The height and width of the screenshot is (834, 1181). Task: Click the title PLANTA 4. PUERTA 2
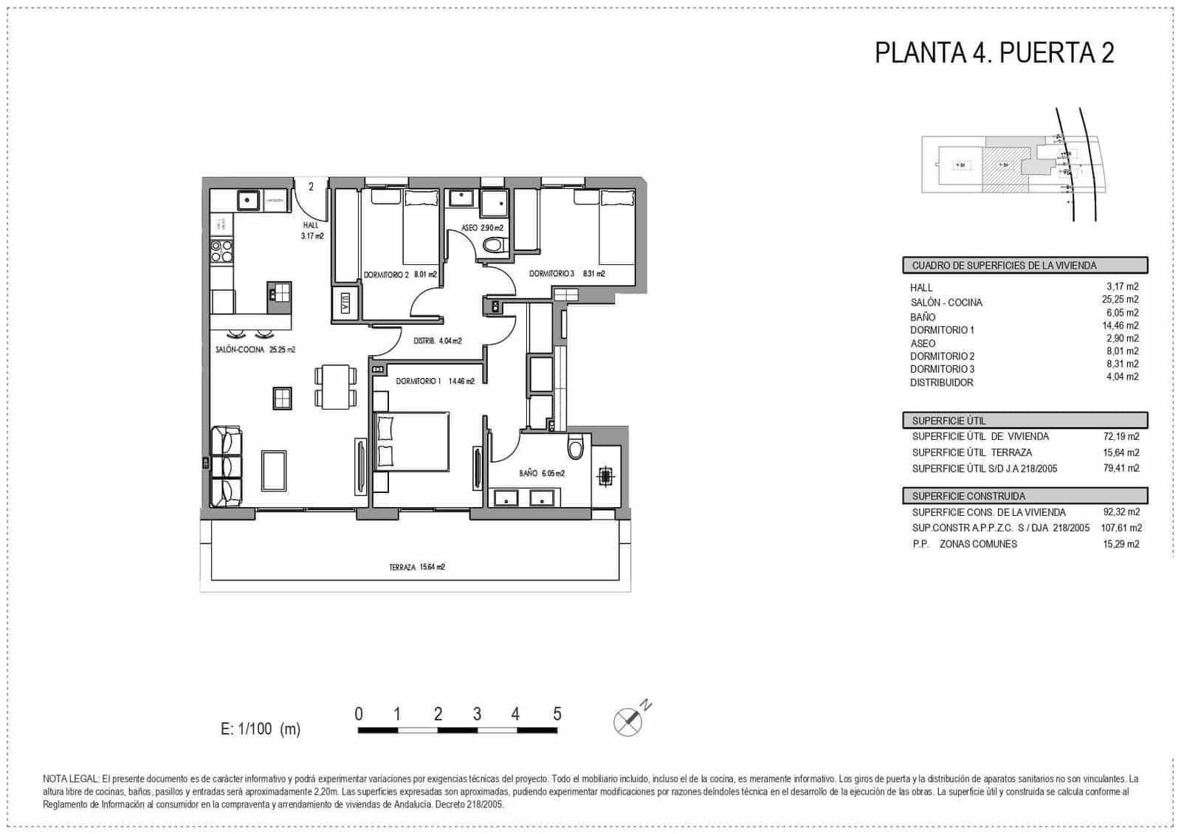tap(994, 53)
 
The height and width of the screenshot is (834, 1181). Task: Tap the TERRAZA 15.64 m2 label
tap(417, 568)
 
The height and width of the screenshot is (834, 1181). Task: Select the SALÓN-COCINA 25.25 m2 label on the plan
tap(255, 350)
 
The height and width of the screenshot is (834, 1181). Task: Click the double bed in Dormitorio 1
tap(412, 441)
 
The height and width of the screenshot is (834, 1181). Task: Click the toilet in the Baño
tap(576, 446)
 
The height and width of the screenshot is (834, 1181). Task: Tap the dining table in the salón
tap(336, 387)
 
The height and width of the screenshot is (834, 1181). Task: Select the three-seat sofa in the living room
tap(226, 466)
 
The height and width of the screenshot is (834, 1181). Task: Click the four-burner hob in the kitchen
tap(221, 252)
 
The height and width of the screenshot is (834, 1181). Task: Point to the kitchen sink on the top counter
tap(247, 200)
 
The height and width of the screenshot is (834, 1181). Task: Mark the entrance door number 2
tap(311, 187)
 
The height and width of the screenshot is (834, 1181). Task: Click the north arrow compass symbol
tap(628, 721)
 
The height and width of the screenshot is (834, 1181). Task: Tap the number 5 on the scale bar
tap(557, 714)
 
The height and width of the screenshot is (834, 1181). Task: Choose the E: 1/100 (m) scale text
tap(261, 729)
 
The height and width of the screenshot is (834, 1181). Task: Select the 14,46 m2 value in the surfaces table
tap(1120, 325)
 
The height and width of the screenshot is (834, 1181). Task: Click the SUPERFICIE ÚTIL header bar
tap(1025, 421)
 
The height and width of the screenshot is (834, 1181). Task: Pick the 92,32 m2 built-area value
tap(1120, 512)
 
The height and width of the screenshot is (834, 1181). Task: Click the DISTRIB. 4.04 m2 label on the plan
tap(438, 341)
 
